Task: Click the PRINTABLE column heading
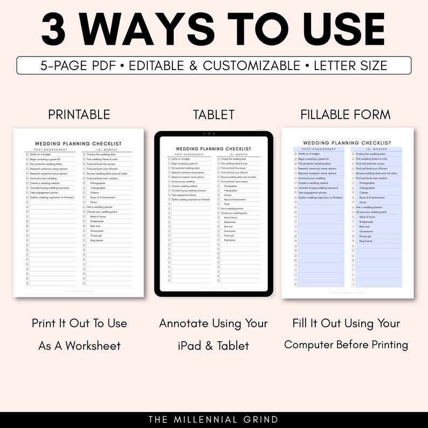[79, 114]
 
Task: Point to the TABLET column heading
[214, 114]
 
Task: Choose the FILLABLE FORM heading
[346, 114]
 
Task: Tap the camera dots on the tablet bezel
[207, 133]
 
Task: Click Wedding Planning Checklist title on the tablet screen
[213, 149]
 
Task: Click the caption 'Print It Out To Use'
[79, 323]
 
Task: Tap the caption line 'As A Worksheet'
[79, 346]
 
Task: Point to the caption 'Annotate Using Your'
[213, 323]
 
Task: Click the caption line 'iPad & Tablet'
[213, 346]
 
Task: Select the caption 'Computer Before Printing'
[346, 345]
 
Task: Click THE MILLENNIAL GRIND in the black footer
[213, 419]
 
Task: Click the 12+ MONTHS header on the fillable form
[376, 149]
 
